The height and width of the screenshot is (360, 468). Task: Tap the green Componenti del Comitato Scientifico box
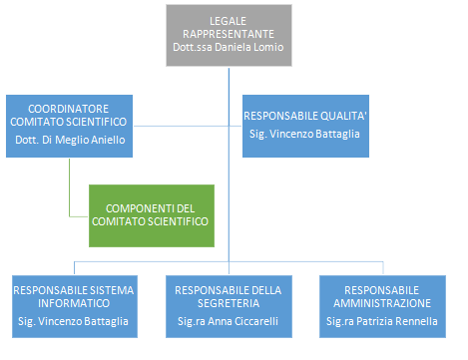[151, 214]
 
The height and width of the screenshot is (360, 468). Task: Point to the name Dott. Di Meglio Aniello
[68, 140]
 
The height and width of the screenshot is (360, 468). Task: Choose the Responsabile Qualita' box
[304, 125]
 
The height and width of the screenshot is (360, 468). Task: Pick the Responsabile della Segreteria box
[229, 306]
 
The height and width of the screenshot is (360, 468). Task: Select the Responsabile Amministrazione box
[382, 306]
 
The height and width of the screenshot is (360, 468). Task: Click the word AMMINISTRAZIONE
[382, 302]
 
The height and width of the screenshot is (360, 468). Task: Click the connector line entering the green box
[78, 214]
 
